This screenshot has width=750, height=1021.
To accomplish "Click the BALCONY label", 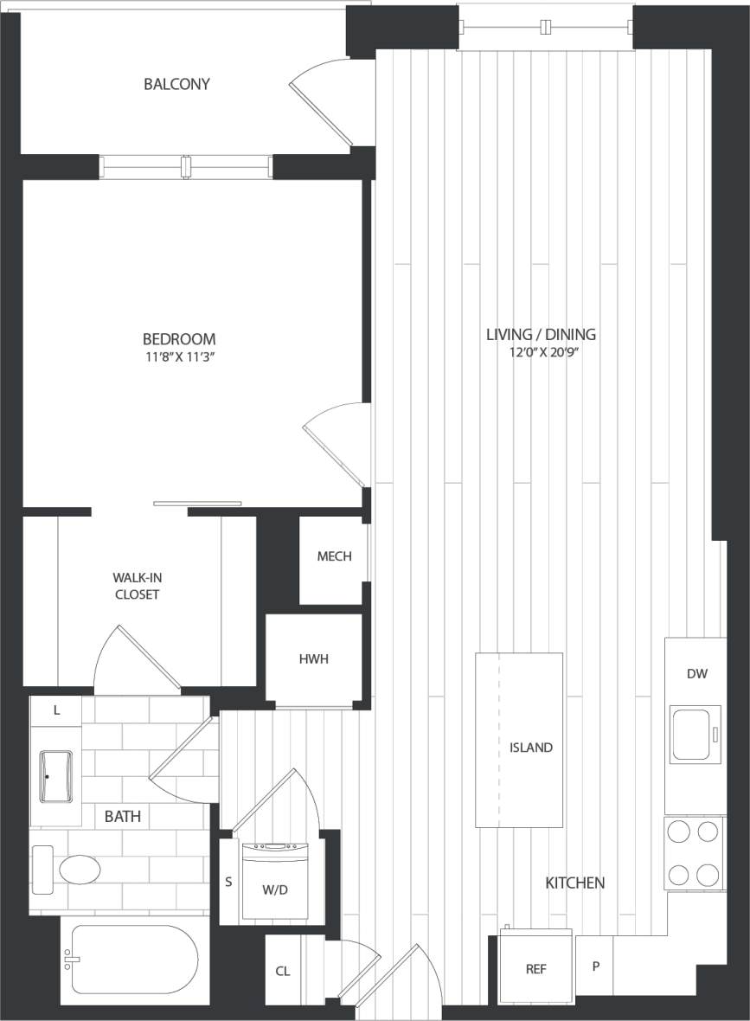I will [176, 84].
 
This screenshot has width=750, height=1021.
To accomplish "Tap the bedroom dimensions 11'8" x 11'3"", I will [179, 356].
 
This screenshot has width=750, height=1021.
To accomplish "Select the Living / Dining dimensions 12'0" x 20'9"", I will [541, 351].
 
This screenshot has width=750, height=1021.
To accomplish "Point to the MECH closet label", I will [334, 556].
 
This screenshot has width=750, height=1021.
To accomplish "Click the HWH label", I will [313, 659].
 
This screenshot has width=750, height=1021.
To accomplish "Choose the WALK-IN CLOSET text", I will [137, 586].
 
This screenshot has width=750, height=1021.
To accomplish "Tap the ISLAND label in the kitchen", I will [530, 748].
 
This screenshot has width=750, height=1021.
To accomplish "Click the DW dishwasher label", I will [696, 674].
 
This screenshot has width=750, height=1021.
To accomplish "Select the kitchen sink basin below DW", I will [696, 734].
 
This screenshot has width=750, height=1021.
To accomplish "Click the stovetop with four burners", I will [696, 853].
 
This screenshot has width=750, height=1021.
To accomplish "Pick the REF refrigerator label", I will [535, 969].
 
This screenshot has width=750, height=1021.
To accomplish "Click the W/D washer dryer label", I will [274, 889].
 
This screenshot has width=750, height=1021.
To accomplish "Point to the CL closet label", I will [283, 972].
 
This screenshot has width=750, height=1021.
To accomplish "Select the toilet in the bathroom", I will [69, 870].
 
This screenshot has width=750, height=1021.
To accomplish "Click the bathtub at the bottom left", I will [135, 960].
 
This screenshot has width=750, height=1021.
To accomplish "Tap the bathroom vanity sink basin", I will [56, 776].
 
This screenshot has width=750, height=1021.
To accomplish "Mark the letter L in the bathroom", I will [56, 710].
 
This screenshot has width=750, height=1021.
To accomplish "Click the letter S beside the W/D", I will [228, 883].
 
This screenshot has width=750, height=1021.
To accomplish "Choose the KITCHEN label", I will [574, 883].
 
